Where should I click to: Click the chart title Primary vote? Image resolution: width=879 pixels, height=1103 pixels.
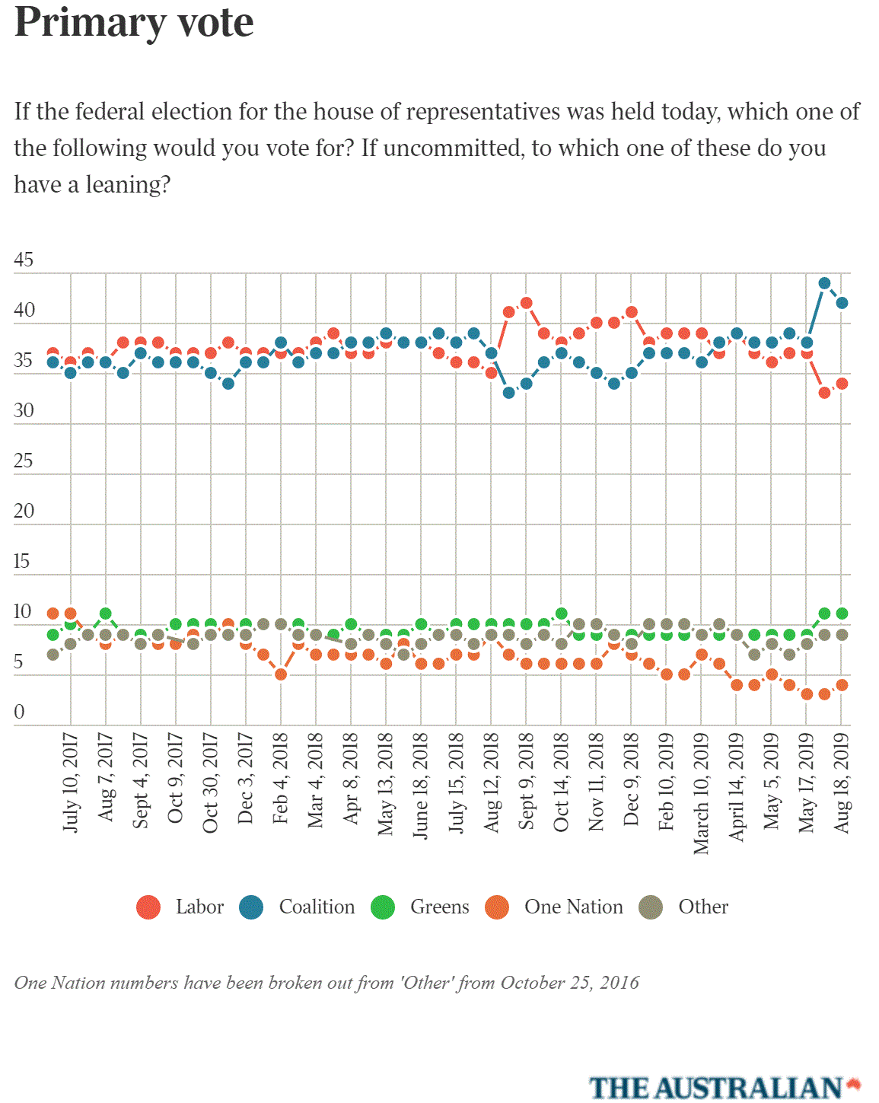click(x=134, y=22)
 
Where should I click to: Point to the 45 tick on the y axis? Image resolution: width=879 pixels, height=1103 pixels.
click(x=24, y=260)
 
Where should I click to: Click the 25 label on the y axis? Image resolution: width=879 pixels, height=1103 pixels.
click(x=24, y=461)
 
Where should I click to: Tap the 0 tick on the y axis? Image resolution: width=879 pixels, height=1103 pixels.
click(x=19, y=712)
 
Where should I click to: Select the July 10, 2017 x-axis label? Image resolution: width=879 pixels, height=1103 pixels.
click(x=70, y=782)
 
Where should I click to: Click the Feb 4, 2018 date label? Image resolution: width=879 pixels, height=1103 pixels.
click(x=280, y=778)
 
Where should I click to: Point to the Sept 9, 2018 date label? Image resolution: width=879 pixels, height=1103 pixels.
click(x=526, y=780)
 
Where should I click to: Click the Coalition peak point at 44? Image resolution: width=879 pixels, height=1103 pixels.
click(x=824, y=283)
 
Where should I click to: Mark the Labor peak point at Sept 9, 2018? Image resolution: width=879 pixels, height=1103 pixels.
click(x=526, y=303)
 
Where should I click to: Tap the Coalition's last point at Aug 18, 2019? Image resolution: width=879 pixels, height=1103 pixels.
click(x=842, y=303)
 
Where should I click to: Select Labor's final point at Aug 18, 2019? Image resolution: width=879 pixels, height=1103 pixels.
click(x=842, y=384)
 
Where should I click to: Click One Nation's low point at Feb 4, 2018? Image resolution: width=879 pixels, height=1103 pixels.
click(x=281, y=674)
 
